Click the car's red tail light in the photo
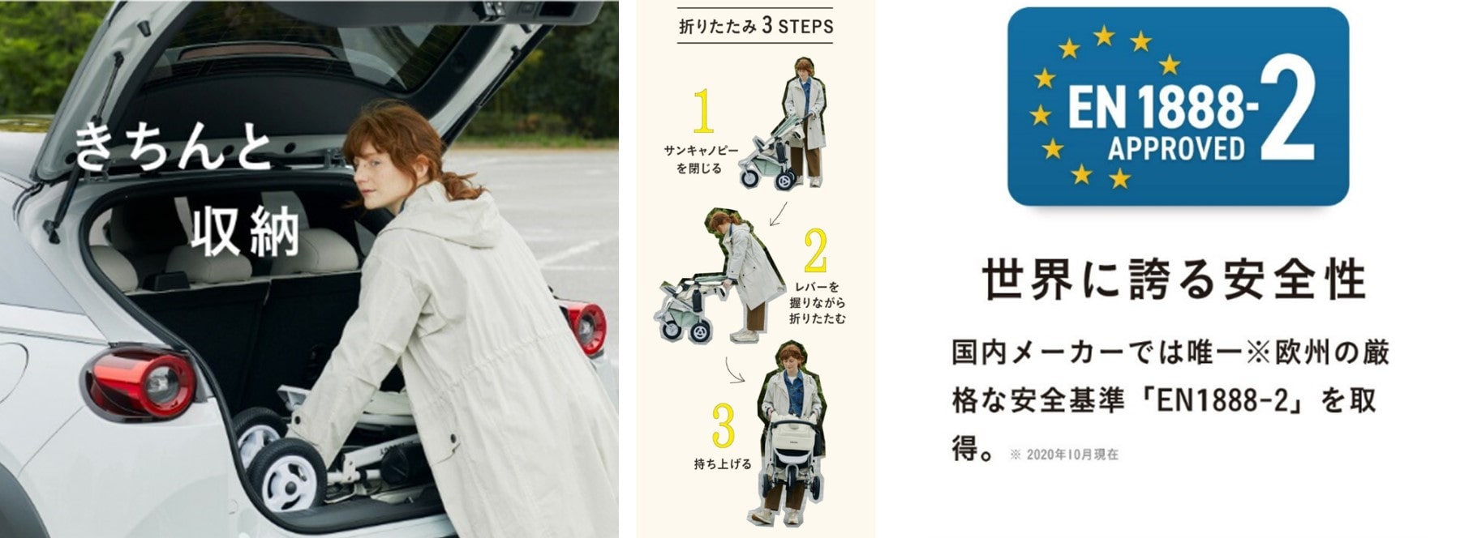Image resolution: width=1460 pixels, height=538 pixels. (144, 380)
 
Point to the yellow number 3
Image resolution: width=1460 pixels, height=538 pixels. (723, 425)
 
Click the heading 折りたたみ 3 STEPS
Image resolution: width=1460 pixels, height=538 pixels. (756, 26)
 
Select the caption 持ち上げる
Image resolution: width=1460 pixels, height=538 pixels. (723, 465)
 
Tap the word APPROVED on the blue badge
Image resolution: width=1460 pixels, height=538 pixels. (1176, 148)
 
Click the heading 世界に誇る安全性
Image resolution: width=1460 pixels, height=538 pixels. (1174, 280)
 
